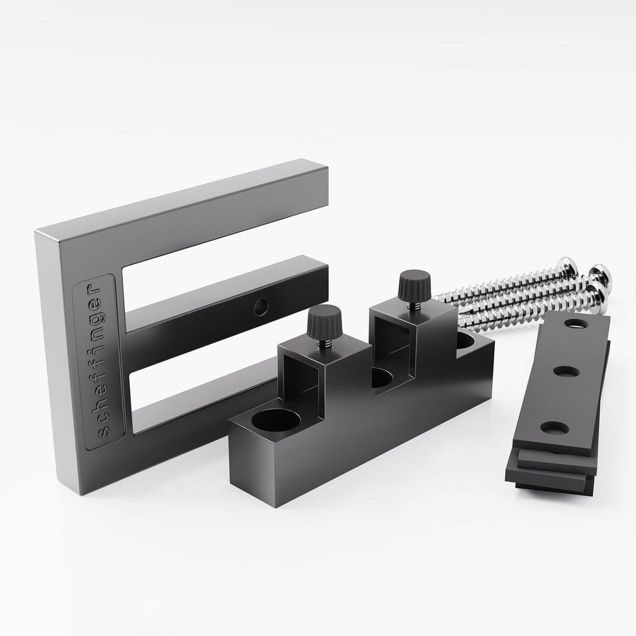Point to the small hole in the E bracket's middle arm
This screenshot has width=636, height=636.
pos(261,307)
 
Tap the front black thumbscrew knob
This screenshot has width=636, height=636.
pos(324,320)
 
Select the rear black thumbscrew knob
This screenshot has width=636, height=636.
pos(415,284)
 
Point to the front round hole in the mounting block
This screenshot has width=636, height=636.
pos(276,421)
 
